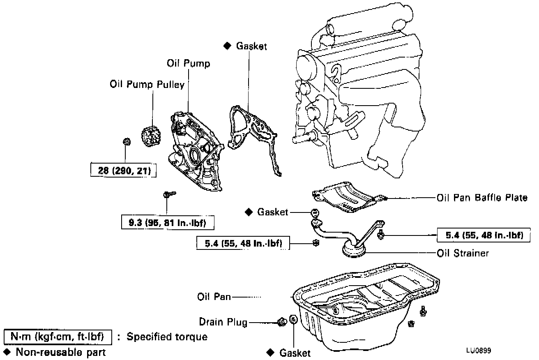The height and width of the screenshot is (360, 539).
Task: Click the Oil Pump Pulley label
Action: pyautogui.click(x=147, y=85)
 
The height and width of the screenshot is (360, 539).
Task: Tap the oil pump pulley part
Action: pyautogui.click(x=151, y=136)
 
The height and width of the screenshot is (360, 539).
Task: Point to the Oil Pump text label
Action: pyautogui.click(x=189, y=63)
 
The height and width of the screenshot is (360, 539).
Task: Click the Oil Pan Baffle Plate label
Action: pyautogui.click(x=482, y=198)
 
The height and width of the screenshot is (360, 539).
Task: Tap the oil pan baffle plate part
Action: pyautogui.click(x=346, y=197)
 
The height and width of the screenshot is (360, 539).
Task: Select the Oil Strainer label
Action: pyautogui.click(x=463, y=253)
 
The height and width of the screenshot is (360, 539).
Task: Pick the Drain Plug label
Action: pyautogui.click(x=223, y=322)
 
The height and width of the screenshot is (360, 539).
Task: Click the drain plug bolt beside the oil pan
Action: pyautogui.click(x=282, y=322)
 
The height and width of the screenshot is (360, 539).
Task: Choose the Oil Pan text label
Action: pyautogui.click(x=214, y=297)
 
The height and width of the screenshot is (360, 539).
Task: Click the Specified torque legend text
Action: pyautogui.click(x=167, y=337)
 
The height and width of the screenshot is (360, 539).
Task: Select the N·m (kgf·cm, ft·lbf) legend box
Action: pyautogui.click(x=58, y=337)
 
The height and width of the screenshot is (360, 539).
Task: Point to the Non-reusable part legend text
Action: pyautogui.click(x=61, y=352)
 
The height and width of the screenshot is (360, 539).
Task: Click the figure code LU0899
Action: pyautogui.click(x=479, y=351)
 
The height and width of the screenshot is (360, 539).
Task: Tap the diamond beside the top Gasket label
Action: pyautogui.click(x=227, y=46)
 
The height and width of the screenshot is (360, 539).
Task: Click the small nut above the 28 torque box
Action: pyautogui.click(x=127, y=141)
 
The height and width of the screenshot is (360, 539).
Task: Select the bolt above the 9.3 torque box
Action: pyautogui.click(x=169, y=194)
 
